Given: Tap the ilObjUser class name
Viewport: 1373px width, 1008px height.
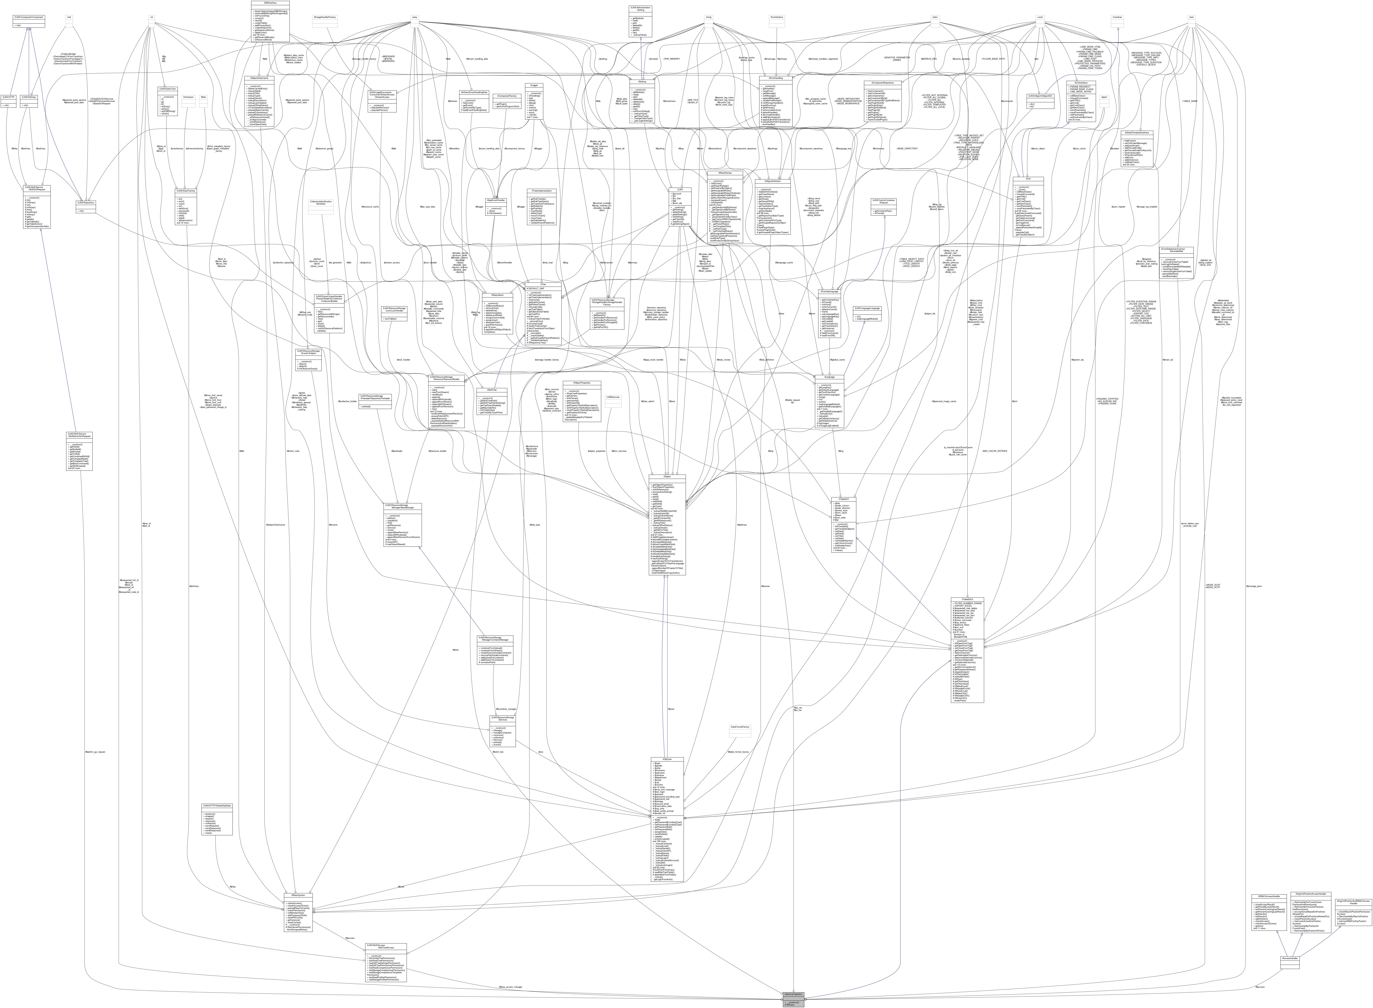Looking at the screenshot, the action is click(667, 760).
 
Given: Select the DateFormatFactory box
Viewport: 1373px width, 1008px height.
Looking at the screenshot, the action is click(740, 727).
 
